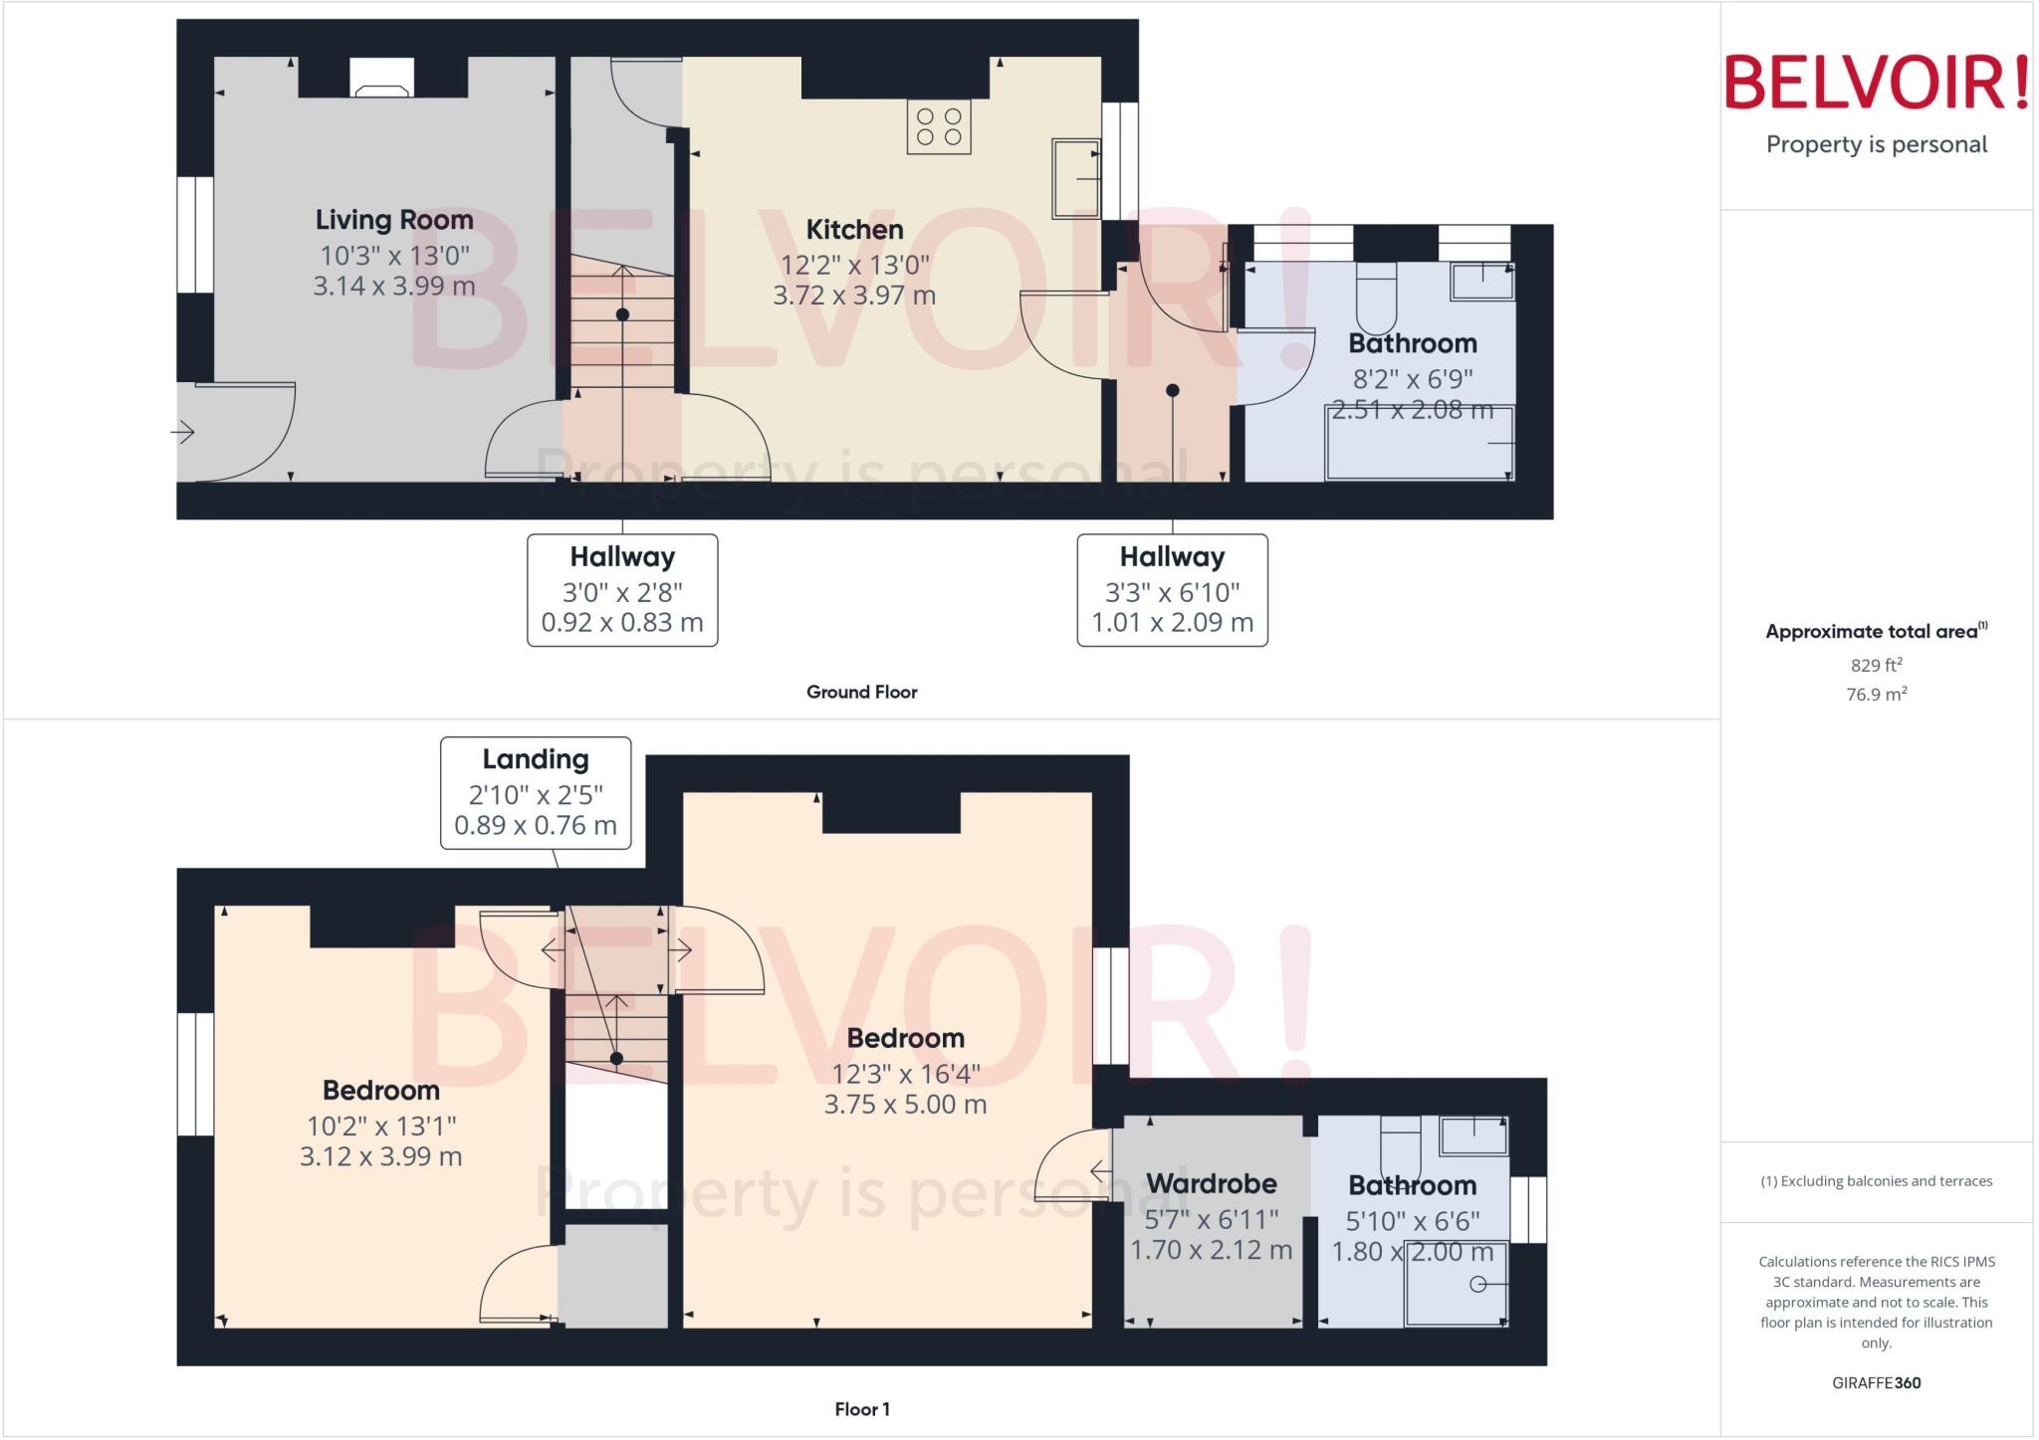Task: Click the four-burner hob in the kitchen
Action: pyautogui.click(x=938, y=127)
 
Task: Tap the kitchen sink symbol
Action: pyautogui.click(x=1076, y=179)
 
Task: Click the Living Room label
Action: pyautogui.click(x=394, y=220)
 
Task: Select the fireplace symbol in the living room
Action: pyautogui.click(x=381, y=79)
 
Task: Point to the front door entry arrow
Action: pyautogui.click(x=182, y=432)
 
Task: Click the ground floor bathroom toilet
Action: pyautogui.click(x=1377, y=299)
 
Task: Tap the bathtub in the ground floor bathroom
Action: pyautogui.click(x=1420, y=444)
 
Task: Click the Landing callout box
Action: pyautogui.click(x=536, y=792)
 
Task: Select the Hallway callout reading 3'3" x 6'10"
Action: pyautogui.click(x=1172, y=590)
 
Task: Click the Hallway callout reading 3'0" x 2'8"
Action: pyautogui.click(x=622, y=590)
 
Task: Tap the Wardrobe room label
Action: pyautogui.click(x=1211, y=1183)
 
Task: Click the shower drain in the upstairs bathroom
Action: pyautogui.click(x=1477, y=1284)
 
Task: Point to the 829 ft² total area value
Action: pyautogui.click(x=1876, y=665)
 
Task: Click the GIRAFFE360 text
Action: pyautogui.click(x=1876, y=1382)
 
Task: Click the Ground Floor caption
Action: pyautogui.click(x=861, y=692)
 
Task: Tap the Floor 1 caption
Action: pyautogui.click(x=861, y=1409)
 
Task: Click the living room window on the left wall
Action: pyautogui.click(x=195, y=235)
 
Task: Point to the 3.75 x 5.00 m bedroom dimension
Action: pyautogui.click(x=905, y=1104)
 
